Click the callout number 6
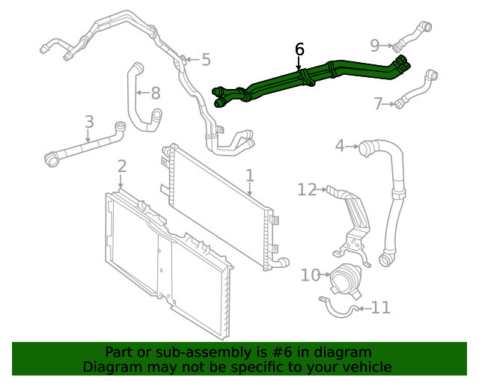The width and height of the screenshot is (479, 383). [299, 49]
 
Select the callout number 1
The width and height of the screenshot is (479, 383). [249, 176]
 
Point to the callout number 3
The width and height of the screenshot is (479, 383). [339, 145]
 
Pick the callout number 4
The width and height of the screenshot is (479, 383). [206, 60]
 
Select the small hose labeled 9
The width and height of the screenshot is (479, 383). [413, 34]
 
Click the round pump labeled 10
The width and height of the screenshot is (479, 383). [345, 281]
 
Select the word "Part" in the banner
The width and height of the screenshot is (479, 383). [119, 352]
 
